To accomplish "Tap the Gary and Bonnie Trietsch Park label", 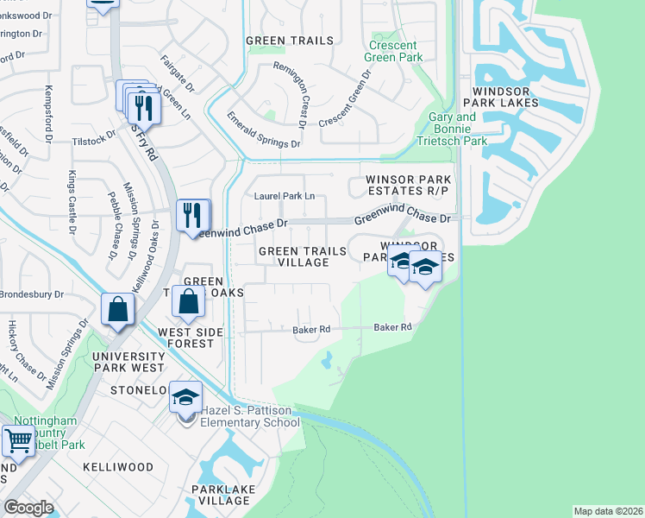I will [x=453, y=129].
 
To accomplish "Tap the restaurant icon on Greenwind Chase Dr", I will [x=192, y=214].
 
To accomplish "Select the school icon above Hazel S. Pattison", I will [x=185, y=397].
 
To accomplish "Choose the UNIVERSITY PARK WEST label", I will [x=128, y=362].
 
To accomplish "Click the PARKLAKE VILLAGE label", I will [x=220, y=496].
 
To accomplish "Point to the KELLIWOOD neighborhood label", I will [x=117, y=467].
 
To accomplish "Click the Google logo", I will [x=28, y=508].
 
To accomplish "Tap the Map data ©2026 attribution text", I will [x=607, y=511].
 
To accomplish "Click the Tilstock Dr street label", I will [x=94, y=140].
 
